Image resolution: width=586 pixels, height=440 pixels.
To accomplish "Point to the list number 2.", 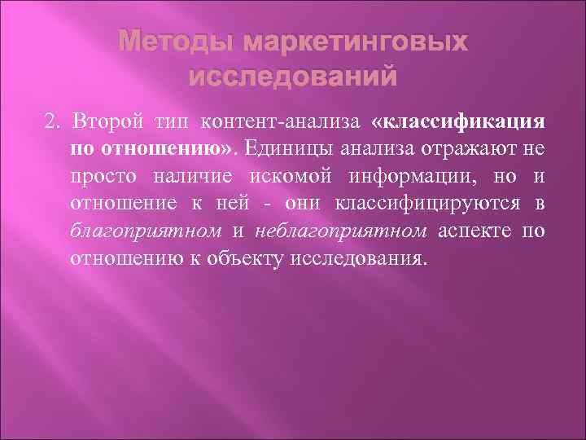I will click(x=52, y=122).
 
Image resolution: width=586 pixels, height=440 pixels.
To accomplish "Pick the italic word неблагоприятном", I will click(x=340, y=231).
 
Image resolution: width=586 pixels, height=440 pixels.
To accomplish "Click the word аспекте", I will click(x=472, y=231).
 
